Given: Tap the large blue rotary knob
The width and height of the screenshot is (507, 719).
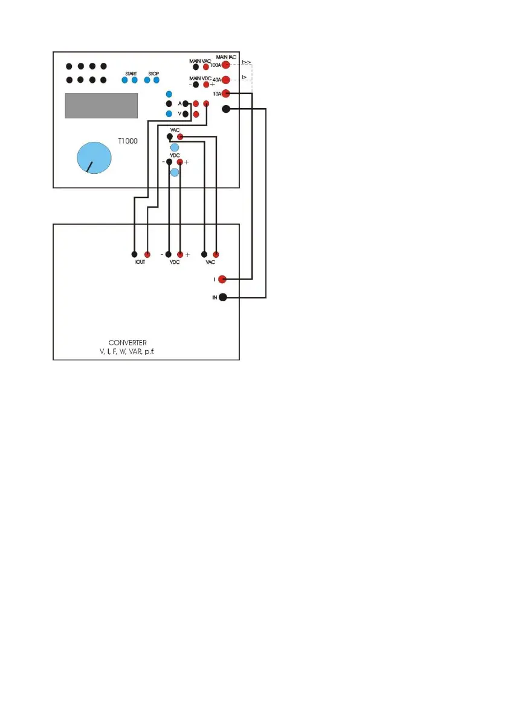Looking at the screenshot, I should tap(95, 158).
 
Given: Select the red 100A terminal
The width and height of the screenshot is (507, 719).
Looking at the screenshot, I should tap(226, 65).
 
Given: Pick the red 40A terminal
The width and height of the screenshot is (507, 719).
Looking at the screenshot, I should tap(226, 80).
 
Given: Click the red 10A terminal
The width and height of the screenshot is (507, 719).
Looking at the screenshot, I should tap(226, 94).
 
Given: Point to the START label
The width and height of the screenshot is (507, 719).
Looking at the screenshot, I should tap(131, 74).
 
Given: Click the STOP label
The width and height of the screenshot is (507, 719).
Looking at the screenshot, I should tap(153, 74).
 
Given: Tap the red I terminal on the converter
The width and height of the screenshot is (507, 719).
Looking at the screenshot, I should tap(222, 280).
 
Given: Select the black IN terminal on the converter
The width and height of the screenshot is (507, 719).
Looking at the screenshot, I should tap(223, 298).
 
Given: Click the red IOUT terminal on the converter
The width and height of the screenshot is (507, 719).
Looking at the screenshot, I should tap(147, 254).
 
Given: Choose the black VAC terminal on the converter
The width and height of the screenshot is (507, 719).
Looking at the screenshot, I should tap(204, 254).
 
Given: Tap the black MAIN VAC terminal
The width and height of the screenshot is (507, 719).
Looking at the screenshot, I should tap(196, 67).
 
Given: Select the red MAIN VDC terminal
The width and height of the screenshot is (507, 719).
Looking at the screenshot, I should tap(206, 85).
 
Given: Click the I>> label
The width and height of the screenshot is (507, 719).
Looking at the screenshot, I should tap(246, 62).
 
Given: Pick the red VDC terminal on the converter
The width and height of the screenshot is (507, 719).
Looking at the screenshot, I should tap(179, 254).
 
